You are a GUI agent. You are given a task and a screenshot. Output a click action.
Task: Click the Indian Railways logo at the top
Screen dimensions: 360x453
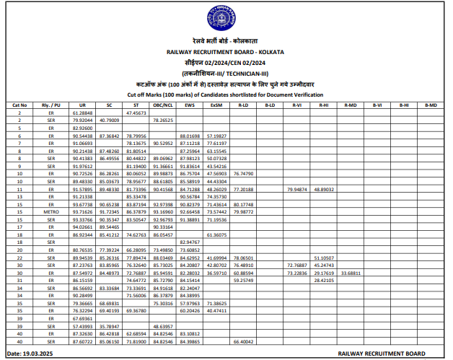(x=226, y=17)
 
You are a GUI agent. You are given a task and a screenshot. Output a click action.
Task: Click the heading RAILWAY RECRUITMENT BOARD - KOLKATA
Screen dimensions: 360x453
(x=225, y=53)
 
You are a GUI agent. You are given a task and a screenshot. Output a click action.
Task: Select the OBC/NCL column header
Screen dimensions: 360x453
(x=162, y=105)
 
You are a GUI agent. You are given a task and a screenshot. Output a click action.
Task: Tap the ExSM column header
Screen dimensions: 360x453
(x=216, y=105)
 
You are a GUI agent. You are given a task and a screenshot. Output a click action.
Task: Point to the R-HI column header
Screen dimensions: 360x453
(x=324, y=105)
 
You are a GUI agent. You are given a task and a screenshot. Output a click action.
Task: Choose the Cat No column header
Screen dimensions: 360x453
(x=20, y=105)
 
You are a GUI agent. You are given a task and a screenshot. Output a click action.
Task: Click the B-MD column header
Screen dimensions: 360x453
(x=430, y=105)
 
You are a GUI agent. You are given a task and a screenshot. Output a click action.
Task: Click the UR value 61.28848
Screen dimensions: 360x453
(x=82, y=113)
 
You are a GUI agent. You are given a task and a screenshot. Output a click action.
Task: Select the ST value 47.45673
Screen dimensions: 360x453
(x=136, y=113)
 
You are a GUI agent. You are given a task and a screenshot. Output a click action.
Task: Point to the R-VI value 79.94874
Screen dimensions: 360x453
(x=297, y=189)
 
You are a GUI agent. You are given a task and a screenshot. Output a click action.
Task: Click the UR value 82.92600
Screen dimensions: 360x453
(x=82, y=128)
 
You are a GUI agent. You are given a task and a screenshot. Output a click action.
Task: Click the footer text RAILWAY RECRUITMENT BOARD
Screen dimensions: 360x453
(x=382, y=354)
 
